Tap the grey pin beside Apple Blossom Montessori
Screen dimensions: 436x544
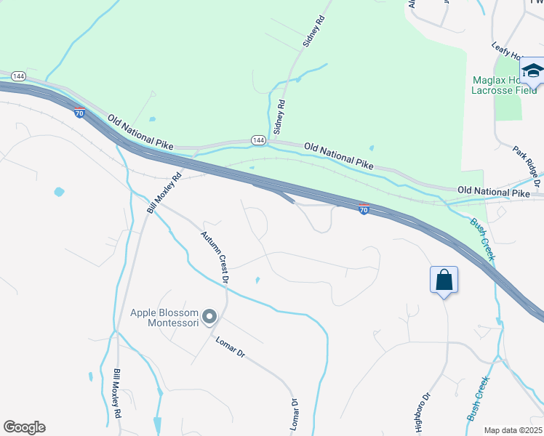click(210, 316)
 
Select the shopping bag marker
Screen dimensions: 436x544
click(444, 280)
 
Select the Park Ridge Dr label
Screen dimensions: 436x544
click(526, 162)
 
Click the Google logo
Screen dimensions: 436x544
click(24, 427)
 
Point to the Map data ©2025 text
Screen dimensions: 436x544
click(513, 430)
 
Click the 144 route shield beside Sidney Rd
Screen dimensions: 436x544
click(258, 139)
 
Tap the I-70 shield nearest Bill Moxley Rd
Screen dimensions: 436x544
click(79, 112)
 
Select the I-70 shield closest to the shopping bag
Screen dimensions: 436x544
click(364, 209)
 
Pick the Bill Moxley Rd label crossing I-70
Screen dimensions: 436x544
click(164, 193)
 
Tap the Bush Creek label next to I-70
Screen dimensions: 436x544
click(481, 239)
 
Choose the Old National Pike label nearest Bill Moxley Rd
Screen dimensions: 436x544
click(141, 132)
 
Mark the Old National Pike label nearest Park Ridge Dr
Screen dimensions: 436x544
click(494, 191)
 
